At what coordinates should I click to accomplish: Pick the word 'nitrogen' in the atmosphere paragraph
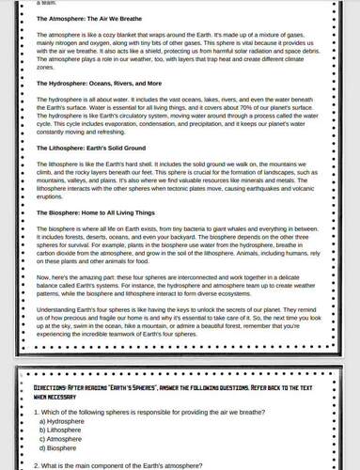click(61, 42)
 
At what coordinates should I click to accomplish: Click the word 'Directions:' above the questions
click(51, 399)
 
